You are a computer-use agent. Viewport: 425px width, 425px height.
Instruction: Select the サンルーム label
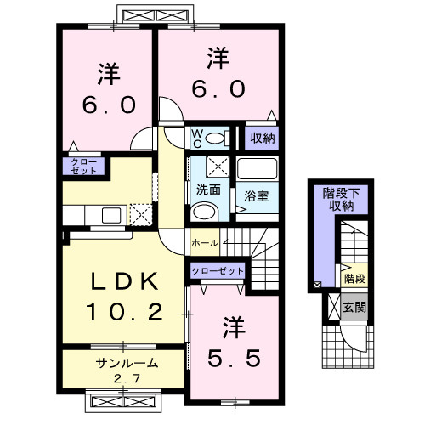click(x=125, y=363)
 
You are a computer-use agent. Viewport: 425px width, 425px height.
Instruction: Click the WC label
click(x=195, y=136)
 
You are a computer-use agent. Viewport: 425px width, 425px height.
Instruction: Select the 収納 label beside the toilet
click(x=261, y=138)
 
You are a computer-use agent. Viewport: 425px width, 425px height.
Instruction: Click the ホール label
click(x=206, y=242)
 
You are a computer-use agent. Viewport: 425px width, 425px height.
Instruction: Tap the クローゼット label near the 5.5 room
click(x=218, y=271)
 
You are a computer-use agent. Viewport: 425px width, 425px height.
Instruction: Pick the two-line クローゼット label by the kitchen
click(x=82, y=165)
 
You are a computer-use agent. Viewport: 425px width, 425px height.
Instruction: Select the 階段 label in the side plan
click(x=354, y=278)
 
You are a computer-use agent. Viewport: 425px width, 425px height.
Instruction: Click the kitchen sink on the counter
click(x=110, y=214)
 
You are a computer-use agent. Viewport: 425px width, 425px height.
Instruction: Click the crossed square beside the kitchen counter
click(x=139, y=214)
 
